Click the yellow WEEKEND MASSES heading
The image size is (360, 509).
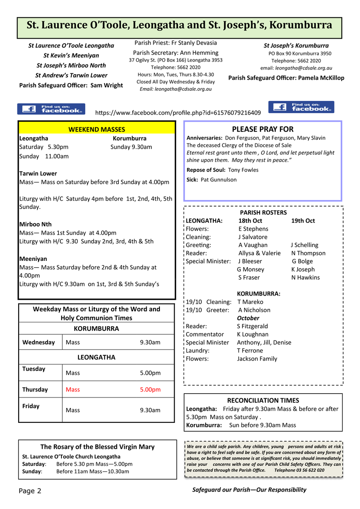point(97,129)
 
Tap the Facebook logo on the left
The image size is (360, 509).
point(51,109)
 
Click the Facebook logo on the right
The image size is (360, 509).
point(301,107)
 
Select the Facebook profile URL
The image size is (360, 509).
point(178,113)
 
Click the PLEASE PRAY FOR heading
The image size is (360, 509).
point(262,129)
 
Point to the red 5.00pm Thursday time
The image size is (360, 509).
point(150,389)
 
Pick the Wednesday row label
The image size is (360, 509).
point(39,342)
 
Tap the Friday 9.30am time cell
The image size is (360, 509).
point(150,410)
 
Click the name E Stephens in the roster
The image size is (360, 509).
point(253,229)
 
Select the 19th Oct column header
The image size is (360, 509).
point(303,221)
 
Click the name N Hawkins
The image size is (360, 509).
point(305,277)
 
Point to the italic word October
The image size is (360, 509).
point(248,318)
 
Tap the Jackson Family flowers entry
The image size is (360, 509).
point(257,359)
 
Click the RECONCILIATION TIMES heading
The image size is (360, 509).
point(263,400)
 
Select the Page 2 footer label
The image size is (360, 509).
point(30,491)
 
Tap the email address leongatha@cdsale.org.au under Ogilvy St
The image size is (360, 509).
point(183,89)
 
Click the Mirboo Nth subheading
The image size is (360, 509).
point(36,224)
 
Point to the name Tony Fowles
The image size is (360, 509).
point(243,170)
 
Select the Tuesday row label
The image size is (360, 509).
point(34,369)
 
